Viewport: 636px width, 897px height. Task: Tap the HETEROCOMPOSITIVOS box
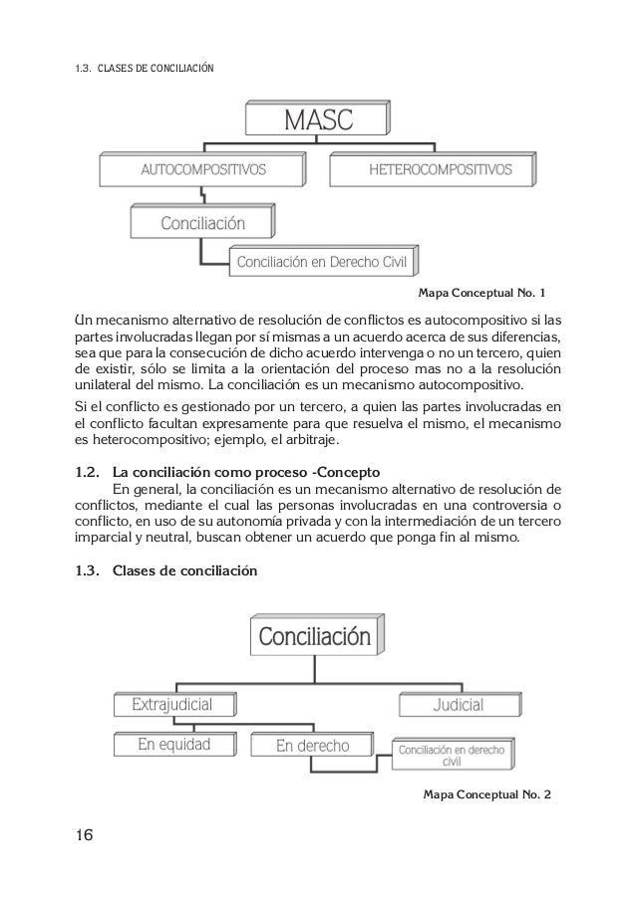point(441,170)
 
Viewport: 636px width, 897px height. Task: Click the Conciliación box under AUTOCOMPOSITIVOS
point(203,221)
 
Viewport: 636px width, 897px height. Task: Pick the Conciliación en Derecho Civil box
point(326,262)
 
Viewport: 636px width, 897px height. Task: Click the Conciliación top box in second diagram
point(314,636)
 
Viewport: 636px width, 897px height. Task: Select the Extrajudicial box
point(173,705)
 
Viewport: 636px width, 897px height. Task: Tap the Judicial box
point(458,705)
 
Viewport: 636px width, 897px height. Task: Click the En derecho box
point(313,745)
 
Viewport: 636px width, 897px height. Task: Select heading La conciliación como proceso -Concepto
point(242,470)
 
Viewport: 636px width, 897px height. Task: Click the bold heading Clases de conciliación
point(185,571)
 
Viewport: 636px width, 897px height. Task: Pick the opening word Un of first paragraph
point(86,321)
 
